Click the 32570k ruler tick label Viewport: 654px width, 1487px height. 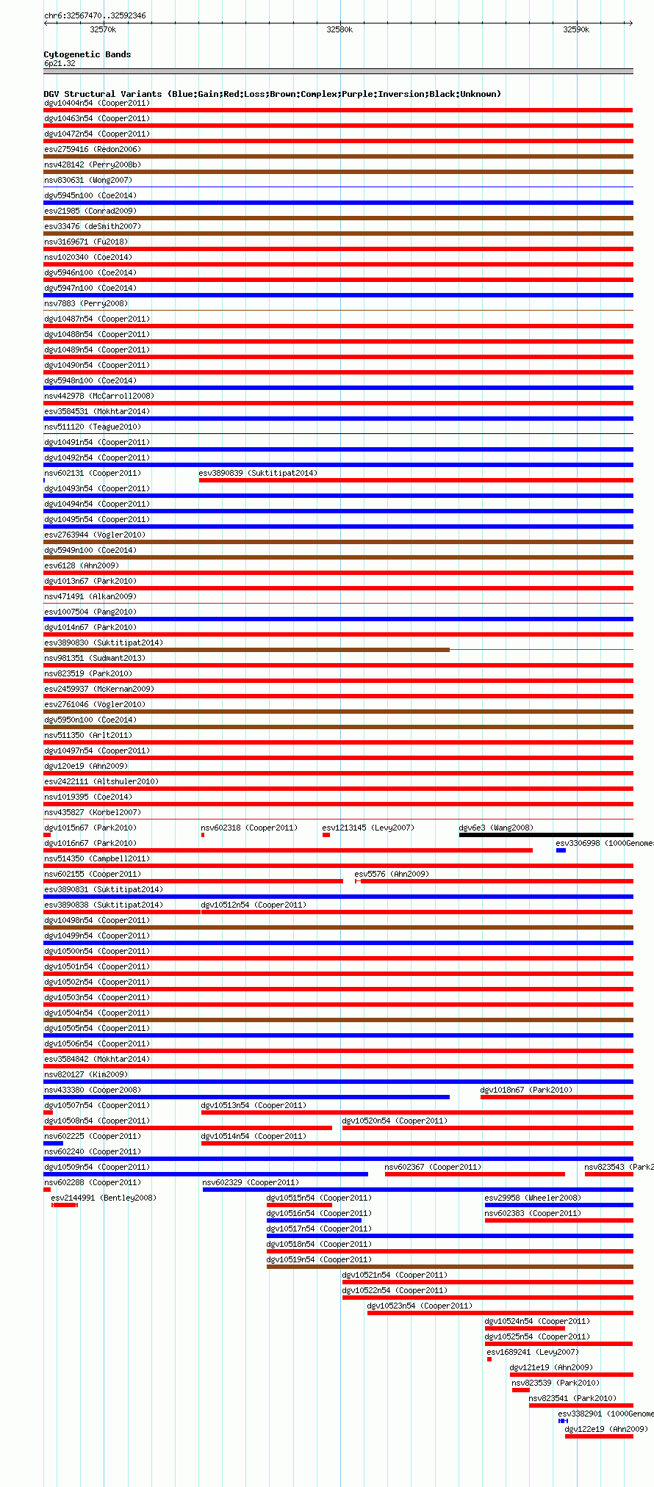(103, 30)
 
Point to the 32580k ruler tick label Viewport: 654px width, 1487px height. (339, 30)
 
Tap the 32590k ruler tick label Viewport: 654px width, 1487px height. (576, 30)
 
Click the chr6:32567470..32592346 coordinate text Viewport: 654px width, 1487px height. (95, 15)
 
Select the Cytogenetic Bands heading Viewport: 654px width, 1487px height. (87, 54)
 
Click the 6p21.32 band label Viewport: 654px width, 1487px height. (60, 63)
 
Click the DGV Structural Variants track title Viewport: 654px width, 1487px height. (272, 94)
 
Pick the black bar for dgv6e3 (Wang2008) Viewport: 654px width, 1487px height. (545, 835)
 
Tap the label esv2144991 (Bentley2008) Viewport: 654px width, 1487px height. (104, 1198)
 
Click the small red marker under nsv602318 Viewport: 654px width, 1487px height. (203, 835)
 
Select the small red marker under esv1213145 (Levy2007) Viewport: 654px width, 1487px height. (326, 835)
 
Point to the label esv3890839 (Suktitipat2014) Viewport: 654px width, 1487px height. (258, 473)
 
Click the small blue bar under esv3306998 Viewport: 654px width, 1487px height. (561, 850)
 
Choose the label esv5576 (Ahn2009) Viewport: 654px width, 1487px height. (392, 874)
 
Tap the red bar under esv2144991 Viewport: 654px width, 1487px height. (65, 1205)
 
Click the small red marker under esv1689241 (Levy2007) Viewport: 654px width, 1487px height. (489, 1359)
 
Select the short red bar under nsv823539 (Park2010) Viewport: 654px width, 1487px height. (520, 1390)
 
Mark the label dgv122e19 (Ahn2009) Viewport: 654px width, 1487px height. (606, 1429)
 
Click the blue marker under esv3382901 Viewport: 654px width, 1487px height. (563, 1421)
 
